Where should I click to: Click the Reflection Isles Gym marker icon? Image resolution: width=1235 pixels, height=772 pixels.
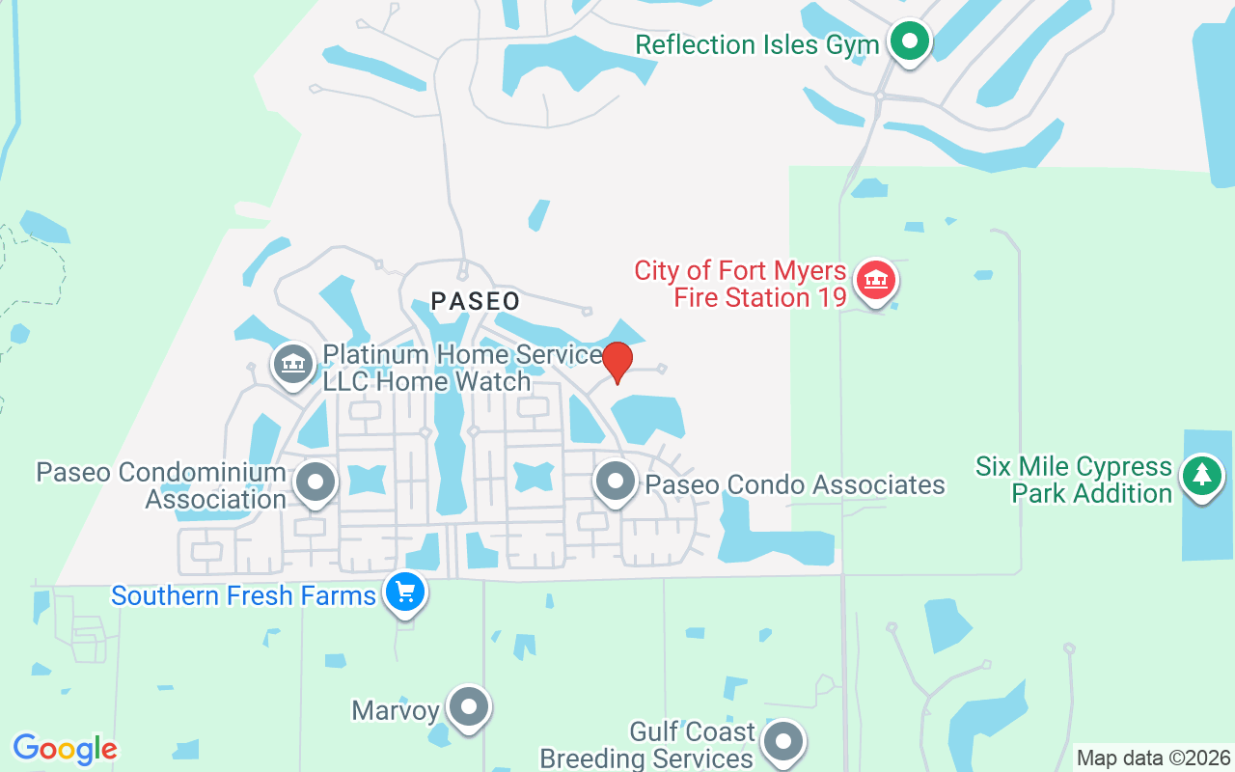pyautogui.click(x=908, y=41)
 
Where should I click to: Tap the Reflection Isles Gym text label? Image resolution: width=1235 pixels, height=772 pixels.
pyautogui.click(x=757, y=44)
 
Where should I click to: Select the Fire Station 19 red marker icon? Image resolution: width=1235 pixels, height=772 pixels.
pyautogui.click(x=875, y=281)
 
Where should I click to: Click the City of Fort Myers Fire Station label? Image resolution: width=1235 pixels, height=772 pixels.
pyautogui.click(x=740, y=284)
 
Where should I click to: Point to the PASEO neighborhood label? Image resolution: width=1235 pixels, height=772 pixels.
pyautogui.click(x=476, y=301)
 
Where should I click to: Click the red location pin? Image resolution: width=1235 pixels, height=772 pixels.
pyautogui.click(x=617, y=363)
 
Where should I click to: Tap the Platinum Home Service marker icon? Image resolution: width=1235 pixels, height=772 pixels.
pyautogui.click(x=293, y=364)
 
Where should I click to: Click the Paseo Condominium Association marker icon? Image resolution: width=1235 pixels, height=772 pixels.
pyautogui.click(x=315, y=481)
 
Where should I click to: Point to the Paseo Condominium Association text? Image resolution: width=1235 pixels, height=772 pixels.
pyautogui.click(x=161, y=485)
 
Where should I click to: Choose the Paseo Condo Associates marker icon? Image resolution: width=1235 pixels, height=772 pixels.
pyautogui.click(x=615, y=481)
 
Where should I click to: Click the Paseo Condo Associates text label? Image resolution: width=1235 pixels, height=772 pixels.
pyautogui.click(x=795, y=484)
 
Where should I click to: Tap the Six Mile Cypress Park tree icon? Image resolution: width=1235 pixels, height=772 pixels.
pyautogui.click(x=1201, y=475)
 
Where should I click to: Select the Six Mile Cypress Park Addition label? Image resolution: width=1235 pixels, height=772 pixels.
pyautogui.click(x=1074, y=480)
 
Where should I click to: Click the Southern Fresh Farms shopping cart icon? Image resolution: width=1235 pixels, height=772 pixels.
pyautogui.click(x=404, y=591)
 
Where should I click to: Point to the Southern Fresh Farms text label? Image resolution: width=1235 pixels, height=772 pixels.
pyautogui.click(x=243, y=595)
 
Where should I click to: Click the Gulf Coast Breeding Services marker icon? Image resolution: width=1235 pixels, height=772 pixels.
pyautogui.click(x=782, y=742)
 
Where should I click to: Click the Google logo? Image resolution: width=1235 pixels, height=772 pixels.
pyautogui.click(x=65, y=749)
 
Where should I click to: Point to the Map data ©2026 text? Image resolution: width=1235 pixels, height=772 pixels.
pyautogui.click(x=1154, y=758)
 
